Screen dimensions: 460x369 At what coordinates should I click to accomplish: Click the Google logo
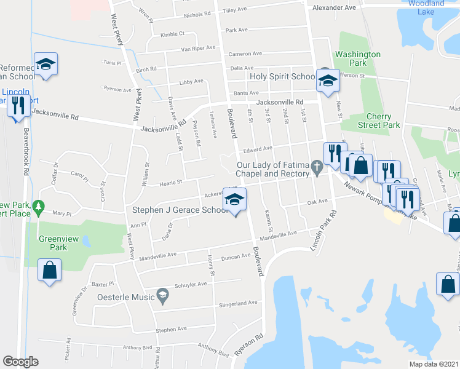point(20,362)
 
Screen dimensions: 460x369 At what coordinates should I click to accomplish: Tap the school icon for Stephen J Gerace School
point(234,200)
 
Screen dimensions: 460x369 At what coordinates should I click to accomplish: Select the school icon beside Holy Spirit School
point(328,81)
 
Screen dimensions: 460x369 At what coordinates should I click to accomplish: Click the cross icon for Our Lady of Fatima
point(317,165)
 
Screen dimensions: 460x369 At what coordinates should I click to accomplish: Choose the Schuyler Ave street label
point(191,285)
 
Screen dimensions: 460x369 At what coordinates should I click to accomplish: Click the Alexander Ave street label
point(334,8)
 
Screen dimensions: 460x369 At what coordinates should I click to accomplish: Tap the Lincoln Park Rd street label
point(325,231)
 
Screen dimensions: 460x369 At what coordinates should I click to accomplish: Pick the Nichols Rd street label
point(197,14)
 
